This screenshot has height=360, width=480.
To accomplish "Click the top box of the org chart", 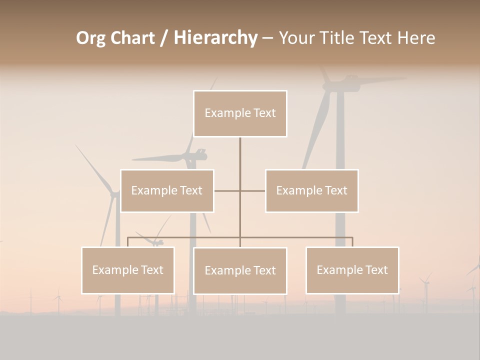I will coord(240,113).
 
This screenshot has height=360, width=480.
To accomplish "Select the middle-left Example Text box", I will coord(167,190).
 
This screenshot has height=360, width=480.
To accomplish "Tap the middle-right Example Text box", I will coord(311,190).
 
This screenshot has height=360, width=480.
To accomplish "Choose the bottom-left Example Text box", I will coord(128,270).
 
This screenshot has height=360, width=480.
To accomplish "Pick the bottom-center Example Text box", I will coord(240,270).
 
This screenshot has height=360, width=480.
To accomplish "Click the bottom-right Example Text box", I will coord(352,270).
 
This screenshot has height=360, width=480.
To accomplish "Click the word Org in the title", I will coord(90,38).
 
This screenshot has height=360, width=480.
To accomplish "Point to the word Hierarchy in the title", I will coord(215,38).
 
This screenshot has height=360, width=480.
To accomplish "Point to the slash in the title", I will coord(164,38).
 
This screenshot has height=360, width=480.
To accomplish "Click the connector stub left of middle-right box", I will coord(253,190).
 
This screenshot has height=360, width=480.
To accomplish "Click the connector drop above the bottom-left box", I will coord(128,242).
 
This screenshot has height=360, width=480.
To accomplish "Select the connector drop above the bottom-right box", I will coord(352,242).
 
